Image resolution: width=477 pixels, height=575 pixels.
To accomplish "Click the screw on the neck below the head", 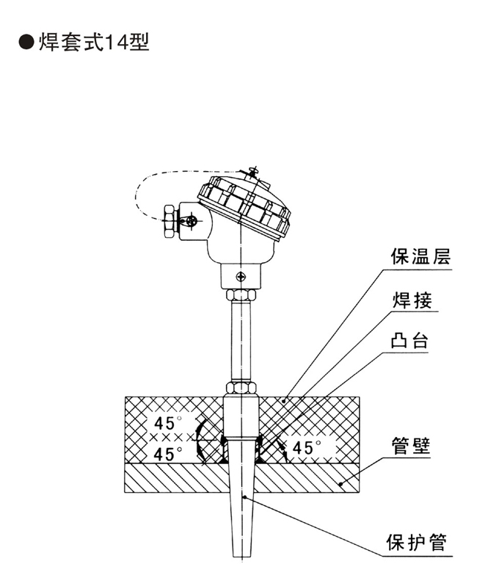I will [x=240, y=277].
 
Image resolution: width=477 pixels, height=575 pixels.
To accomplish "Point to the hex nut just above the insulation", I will [x=241, y=386].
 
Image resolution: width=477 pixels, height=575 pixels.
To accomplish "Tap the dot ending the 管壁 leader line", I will [x=342, y=483].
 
